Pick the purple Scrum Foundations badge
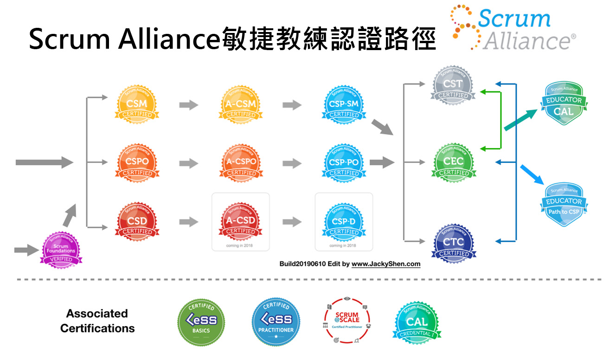point(61,250)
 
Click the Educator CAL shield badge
point(564,104)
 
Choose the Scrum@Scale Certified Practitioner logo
point(347,321)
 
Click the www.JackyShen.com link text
point(386,264)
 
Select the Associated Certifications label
point(97,321)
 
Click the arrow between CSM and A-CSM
point(189,105)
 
